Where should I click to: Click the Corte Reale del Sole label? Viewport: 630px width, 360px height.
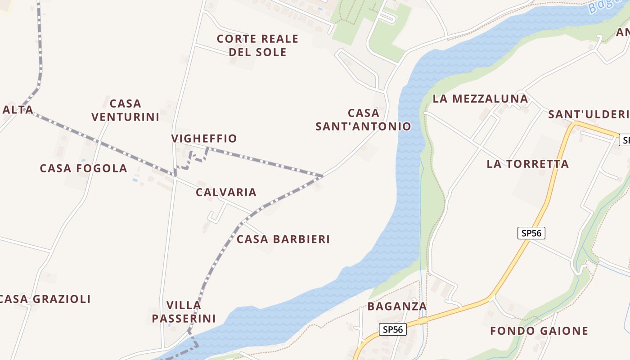coord(257,45)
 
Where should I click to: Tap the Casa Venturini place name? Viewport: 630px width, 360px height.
coord(126,110)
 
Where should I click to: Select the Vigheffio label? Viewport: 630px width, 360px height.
coord(204,139)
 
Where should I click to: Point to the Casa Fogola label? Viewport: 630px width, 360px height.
coord(83,168)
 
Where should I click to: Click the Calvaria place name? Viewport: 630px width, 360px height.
coord(226,193)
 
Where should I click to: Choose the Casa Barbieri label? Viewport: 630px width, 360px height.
coord(283,239)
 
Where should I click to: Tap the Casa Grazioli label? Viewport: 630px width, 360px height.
coord(45,299)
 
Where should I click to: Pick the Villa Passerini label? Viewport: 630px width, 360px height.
coord(184,312)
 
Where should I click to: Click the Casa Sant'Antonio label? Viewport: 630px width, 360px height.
coord(363,120)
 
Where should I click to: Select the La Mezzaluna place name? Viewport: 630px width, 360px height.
coord(480,99)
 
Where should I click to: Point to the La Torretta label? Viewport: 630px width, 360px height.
coord(527,164)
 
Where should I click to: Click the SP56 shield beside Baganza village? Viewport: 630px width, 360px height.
coord(392,329)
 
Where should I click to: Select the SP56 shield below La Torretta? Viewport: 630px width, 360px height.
coord(531,233)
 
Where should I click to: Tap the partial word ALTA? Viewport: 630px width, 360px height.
coord(18,110)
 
